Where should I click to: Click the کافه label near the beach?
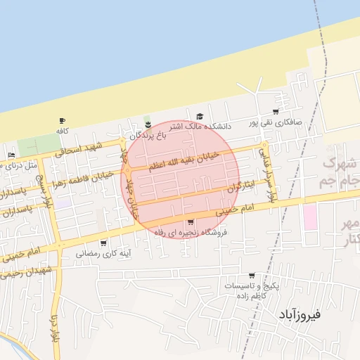click(62, 131)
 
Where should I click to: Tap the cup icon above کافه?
click(63, 121)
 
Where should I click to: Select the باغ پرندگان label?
click(150, 134)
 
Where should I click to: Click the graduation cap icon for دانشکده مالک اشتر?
click(200, 117)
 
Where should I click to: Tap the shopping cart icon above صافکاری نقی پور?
click(276, 112)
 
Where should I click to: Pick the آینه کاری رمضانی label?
click(104, 253)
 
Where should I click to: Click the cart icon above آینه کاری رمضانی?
click(104, 243)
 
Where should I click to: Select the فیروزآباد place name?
click(299, 314)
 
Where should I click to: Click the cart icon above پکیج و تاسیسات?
click(252, 276)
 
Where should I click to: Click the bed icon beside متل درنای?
click(11, 155)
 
